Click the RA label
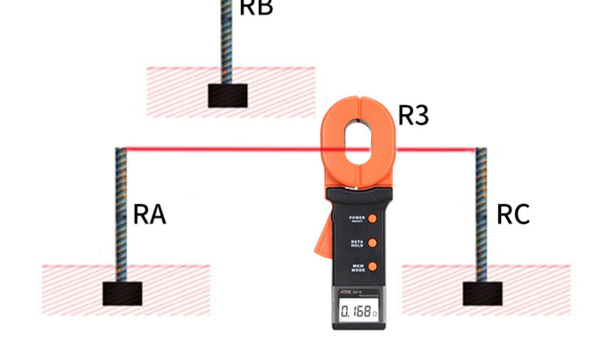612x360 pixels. coord(149,214)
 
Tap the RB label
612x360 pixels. coord(256,7)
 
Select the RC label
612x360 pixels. coord(513,214)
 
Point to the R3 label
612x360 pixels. coord(413,115)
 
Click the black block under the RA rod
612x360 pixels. coord(122,294)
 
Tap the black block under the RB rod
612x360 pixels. coord(228,96)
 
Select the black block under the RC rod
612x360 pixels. coord(482,294)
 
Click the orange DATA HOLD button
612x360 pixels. coord(372,243)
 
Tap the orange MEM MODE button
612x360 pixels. coord(372,267)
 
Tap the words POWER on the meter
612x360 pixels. coord(357,218)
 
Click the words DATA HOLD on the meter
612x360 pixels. coord(357,243)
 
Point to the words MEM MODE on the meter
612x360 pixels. coord(358,268)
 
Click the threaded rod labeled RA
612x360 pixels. coord(121,212)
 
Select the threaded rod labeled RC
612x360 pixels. coord(481,212)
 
